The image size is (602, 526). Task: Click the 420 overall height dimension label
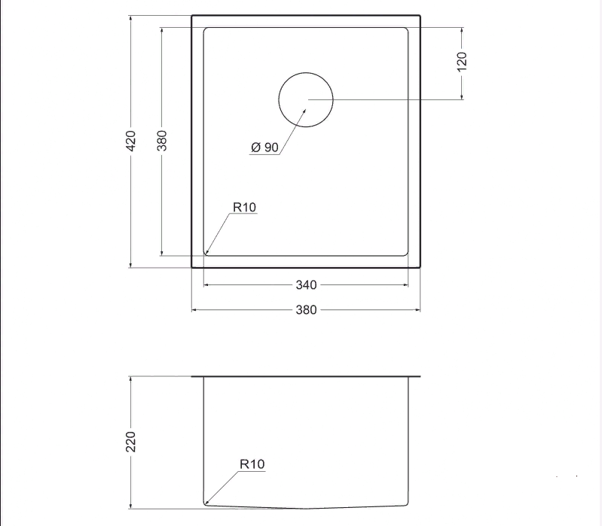tap(131, 141)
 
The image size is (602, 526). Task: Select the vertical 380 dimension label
tap(162, 141)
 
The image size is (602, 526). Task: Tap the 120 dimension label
tap(462, 62)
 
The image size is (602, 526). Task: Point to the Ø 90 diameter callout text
tap(265, 147)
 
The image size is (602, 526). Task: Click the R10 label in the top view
tap(245, 208)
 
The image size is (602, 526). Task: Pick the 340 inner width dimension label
tap(307, 285)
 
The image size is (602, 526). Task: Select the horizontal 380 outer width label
tap(307, 310)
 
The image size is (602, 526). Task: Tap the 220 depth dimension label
tap(131, 442)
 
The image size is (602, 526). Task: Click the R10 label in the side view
tap(252, 464)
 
